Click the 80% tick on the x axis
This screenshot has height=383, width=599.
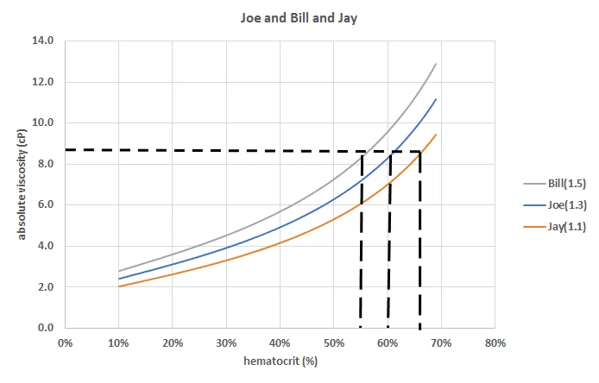click(495, 342)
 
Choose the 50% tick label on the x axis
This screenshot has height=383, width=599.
click(333, 342)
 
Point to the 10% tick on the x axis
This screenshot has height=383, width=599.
click(119, 342)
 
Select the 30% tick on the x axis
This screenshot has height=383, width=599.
click(226, 342)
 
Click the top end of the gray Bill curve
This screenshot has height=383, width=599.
click(436, 64)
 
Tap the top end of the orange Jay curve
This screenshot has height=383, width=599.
click(436, 135)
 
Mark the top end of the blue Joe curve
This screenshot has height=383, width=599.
click(436, 99)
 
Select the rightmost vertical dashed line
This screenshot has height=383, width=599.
click(419, 242)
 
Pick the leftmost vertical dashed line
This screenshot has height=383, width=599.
click(361, 242)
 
